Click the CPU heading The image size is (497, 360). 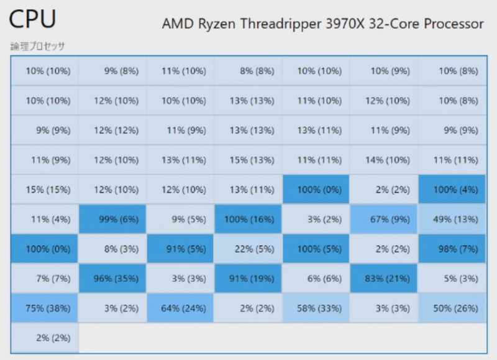tap(32, 21)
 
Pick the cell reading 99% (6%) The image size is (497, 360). tap(112, 218)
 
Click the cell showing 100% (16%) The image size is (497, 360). tap(248, 218)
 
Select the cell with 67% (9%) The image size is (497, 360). tap(383, 218)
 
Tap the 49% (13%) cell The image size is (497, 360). tap(452, 218)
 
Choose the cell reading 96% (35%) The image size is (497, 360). tap(112, 278)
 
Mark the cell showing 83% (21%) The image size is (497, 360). tap(383, 278)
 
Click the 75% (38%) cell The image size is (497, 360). tap(45, 308)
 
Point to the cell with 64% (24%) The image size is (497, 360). tap(180, 308)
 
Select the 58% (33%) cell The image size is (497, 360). tap(316, 308)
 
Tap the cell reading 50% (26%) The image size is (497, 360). tap(452, 308)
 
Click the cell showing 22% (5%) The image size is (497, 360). tap(248, 248)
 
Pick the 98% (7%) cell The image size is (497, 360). tap(452, 248)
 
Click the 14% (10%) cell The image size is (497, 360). tap(383, 160)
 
